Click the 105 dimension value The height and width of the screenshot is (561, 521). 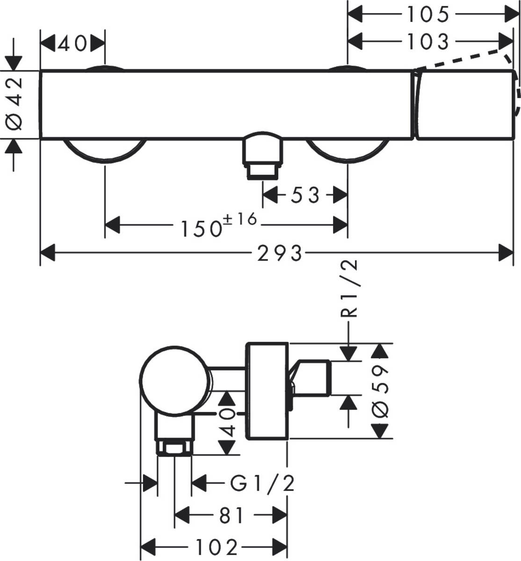point(427,14)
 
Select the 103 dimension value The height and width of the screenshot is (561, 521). point(427,42)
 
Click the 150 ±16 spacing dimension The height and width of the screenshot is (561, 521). point(219,225)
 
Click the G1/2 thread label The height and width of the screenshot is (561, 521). point(263,483)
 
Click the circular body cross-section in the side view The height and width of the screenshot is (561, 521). point(174,381)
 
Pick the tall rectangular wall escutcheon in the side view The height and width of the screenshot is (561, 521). point(267,391)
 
